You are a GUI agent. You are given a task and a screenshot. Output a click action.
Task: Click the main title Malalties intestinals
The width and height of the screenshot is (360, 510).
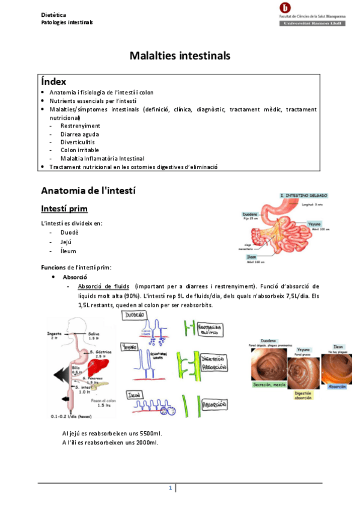180,55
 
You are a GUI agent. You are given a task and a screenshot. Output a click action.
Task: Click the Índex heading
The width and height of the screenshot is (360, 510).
53,81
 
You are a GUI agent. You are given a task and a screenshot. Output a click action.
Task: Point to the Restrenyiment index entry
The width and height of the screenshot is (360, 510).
80,126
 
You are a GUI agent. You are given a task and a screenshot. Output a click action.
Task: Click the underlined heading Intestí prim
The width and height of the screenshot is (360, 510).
64,209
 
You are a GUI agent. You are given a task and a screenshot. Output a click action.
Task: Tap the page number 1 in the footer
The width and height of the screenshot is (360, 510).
170,488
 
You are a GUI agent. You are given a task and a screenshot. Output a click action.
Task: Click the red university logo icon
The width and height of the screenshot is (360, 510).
284,8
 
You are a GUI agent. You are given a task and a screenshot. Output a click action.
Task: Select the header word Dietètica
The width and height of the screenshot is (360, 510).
53,14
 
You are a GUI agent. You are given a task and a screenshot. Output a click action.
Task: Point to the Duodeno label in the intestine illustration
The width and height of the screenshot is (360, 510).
250,214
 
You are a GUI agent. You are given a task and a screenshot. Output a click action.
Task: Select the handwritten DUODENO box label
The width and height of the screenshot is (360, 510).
136,315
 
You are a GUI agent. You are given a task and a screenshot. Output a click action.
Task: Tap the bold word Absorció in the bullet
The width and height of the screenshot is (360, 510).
75,277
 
